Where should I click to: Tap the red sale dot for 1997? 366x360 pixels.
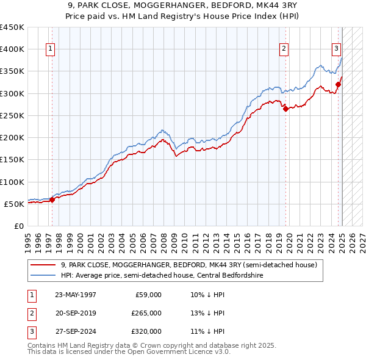tap(52, 199)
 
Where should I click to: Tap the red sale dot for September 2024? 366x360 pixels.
tap(339, 84)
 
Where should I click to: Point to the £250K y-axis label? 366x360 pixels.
tap(12, 115)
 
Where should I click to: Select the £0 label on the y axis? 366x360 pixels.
tap(20, 226)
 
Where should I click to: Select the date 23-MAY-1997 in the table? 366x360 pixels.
tap(76, 295)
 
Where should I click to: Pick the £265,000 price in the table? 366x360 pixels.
tap(146, 313)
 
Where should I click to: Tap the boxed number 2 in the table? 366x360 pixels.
tap(31, 313)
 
